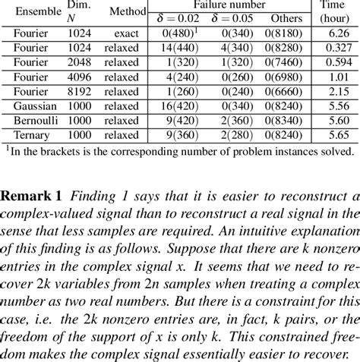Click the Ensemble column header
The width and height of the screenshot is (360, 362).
(x=34, y=11)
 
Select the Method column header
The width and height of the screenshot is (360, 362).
(x=127, y=11)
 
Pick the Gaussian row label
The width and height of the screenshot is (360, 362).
(x=33, y=109)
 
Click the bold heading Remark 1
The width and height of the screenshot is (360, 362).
(x=30, y=194)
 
